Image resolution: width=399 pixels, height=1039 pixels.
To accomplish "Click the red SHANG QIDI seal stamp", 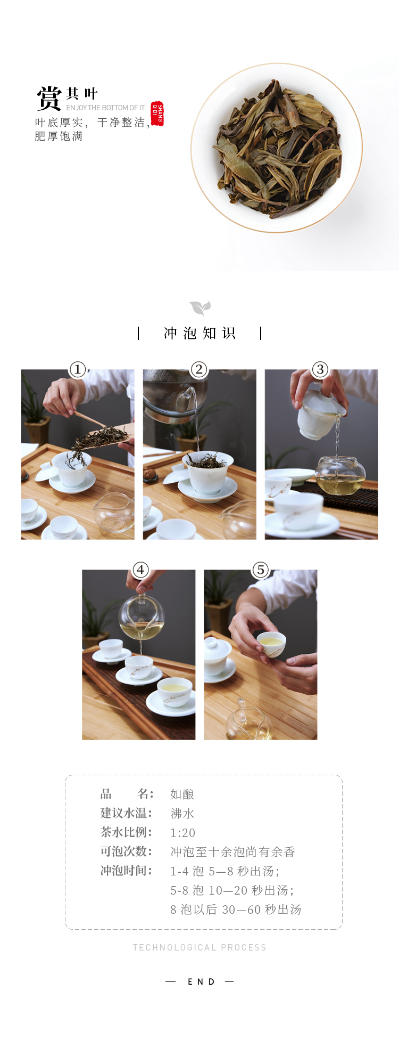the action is [157, 113].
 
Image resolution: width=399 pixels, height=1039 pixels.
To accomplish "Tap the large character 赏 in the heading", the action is [49, 98].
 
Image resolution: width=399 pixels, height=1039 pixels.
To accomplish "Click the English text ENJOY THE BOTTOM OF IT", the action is [105, 108].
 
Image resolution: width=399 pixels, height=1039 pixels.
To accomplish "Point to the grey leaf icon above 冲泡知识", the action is [200, 308].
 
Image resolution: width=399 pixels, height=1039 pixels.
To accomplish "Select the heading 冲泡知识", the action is [199, 334].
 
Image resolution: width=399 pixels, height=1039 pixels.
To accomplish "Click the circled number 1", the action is [78, 369].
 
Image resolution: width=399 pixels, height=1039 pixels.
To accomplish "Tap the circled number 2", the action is [199, 369].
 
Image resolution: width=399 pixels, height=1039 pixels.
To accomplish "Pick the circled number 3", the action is [320, 369].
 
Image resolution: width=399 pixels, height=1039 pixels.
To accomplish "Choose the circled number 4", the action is [140, 570].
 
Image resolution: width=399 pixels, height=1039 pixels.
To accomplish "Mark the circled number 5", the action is [260, 570].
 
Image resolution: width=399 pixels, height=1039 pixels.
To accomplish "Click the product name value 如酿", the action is [182, 794].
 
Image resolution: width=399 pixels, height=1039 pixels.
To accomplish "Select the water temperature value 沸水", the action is [182, 814].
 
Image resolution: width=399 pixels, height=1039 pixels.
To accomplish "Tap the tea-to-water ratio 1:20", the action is [183, 833].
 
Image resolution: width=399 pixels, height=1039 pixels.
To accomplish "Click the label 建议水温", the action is [126, 813].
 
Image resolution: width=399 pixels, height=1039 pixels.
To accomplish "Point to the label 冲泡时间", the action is [126, 871].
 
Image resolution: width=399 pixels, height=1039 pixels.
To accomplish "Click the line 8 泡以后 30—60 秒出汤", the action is [236, 910].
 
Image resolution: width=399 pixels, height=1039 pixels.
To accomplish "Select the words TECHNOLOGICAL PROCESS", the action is [199, 947].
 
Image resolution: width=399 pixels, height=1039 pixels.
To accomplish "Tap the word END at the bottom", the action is [201, 981].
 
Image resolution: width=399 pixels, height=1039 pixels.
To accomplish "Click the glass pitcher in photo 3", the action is [340, 475].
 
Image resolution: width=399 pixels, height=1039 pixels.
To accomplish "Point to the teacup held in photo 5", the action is [271, 644].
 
